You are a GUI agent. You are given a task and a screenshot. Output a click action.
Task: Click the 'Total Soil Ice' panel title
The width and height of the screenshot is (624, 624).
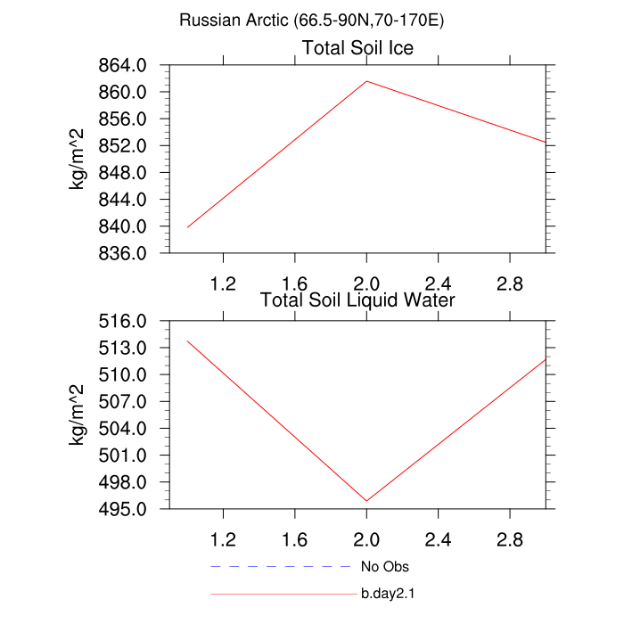(357, 47)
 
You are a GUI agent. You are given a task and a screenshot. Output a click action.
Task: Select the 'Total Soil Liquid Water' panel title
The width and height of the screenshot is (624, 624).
(357, 300)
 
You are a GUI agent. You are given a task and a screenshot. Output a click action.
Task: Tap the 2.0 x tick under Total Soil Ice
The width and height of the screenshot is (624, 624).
(365, 283)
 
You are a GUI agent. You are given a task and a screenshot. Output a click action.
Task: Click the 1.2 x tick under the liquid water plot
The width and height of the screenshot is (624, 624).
(222, 539)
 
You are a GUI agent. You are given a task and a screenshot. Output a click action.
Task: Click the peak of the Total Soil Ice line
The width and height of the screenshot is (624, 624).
(366, 81)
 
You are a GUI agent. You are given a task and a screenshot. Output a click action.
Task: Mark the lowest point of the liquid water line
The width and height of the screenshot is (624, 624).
(366, 501)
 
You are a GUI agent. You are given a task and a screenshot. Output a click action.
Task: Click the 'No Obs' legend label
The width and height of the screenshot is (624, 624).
(384, 566)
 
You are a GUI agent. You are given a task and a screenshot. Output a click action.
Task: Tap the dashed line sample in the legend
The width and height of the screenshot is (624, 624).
(282, 566)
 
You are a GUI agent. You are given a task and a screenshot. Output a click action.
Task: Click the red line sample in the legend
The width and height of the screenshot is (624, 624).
(282, 593)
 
